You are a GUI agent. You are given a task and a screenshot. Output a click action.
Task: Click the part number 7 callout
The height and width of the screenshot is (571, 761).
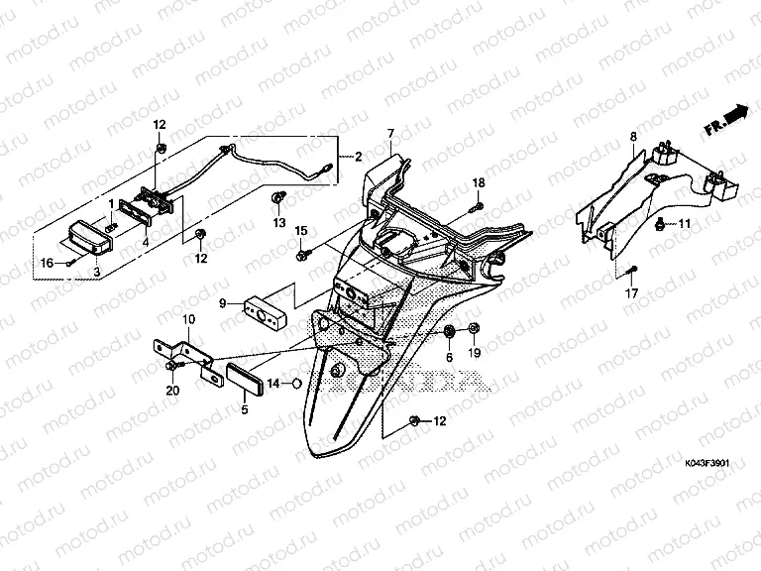pos(390,133)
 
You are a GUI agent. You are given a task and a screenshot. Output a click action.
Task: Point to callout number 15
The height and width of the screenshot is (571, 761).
pos(301,231)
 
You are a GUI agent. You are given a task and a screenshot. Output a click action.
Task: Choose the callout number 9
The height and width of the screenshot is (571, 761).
pos(223,303)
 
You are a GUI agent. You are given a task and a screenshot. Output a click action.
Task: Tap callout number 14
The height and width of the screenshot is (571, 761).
pos(272,383)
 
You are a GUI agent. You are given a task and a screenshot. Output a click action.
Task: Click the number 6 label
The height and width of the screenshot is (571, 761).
pos(448,357)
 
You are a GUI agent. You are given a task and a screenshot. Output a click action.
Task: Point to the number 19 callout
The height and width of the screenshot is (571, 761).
pos(474,354)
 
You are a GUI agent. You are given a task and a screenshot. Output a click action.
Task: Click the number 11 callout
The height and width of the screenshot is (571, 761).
pos(683,226)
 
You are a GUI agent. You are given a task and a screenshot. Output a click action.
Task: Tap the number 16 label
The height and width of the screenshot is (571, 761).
pos(46,263)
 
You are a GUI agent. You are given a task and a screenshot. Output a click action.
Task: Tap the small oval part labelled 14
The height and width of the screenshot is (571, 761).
pos(293,383)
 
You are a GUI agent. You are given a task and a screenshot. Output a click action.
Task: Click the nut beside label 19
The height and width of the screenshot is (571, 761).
pos(474,329)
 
